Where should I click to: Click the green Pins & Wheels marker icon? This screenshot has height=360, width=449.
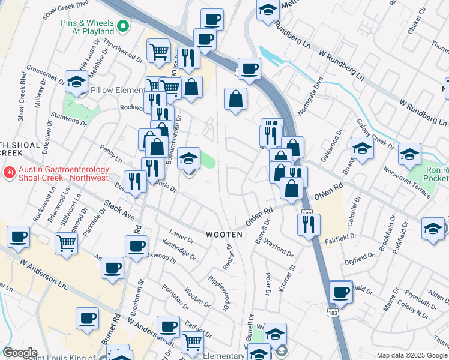123,26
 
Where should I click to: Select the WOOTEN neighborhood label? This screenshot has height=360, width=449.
226,235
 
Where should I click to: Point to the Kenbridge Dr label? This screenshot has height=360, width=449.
179,250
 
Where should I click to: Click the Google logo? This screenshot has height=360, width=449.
20,353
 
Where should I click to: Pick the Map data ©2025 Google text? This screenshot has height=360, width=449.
412,355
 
